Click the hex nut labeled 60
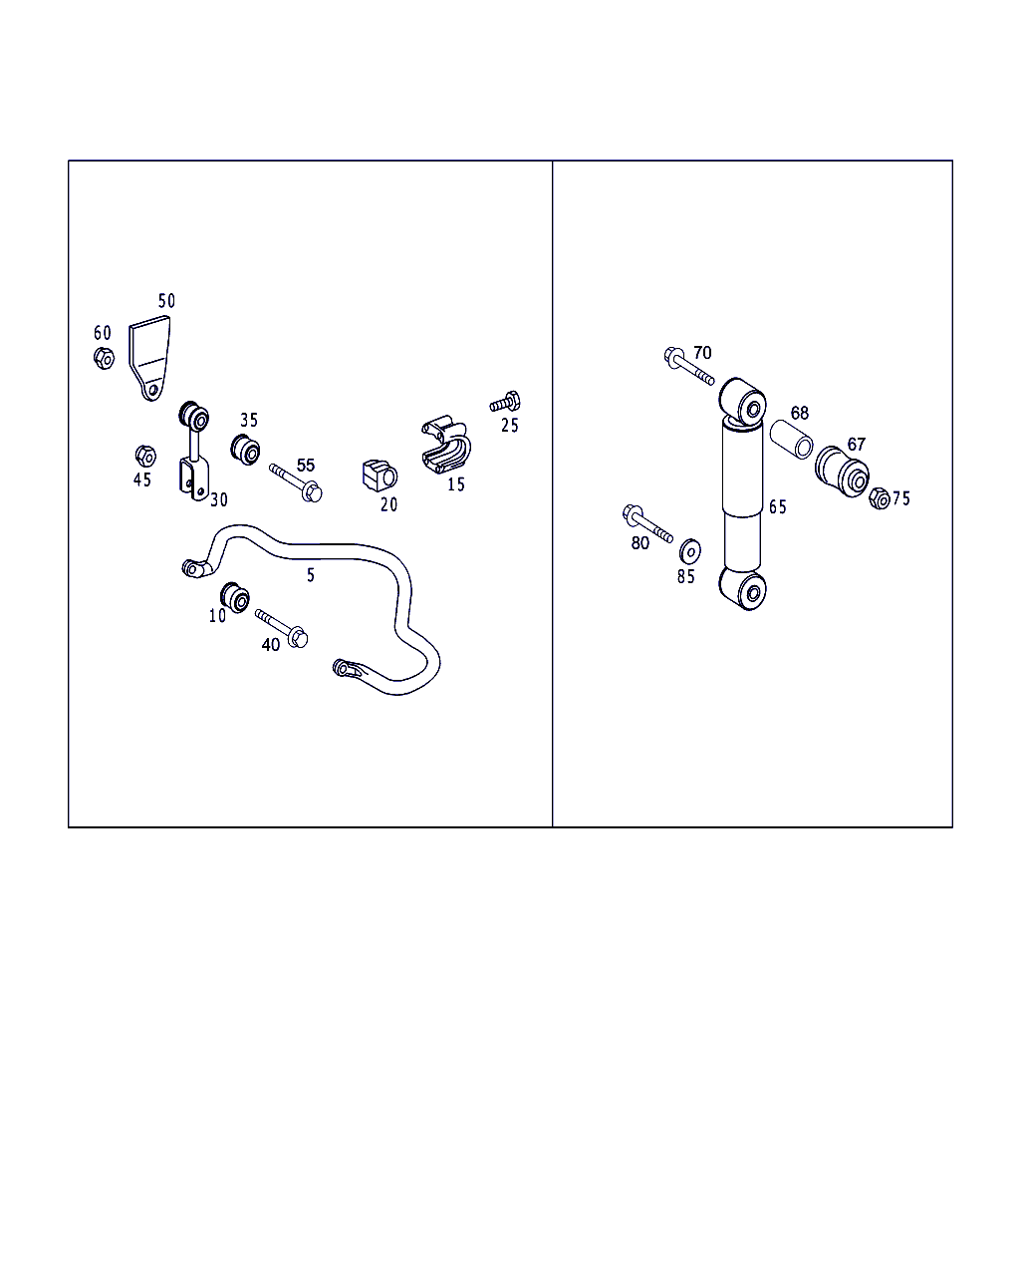104,358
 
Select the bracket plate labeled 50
150,358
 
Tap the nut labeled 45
145,456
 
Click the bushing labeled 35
245,450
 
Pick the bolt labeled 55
295,482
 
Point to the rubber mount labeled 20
380,476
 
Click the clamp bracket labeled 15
445,445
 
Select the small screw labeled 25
505,402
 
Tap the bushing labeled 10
235,598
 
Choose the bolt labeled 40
282,628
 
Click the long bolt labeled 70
689,366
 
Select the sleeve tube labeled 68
791,440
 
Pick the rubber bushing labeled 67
842,472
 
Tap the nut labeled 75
880,498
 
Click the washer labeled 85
690,551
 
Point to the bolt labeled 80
647,523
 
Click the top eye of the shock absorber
743,402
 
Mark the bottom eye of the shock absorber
743,588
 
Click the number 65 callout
778,507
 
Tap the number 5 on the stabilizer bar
311,575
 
